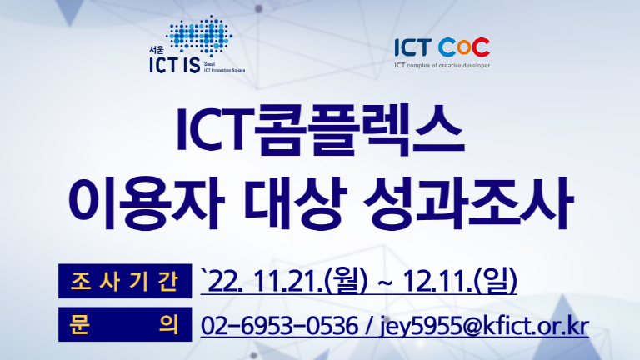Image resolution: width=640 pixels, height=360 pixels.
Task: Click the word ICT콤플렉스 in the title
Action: (320, 130)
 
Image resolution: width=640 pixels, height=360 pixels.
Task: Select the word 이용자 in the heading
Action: (147, 202)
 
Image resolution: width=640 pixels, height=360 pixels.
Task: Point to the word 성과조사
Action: (468, 202)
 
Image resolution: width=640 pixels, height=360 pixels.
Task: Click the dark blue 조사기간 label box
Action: (125, 281)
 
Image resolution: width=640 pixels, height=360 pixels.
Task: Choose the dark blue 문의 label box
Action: (125, 324)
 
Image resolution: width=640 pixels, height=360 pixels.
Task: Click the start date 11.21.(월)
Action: (310, 280)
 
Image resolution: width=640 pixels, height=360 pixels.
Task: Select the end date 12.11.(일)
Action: (460, 280)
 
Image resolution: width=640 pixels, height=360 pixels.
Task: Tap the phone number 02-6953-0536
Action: (279, 325)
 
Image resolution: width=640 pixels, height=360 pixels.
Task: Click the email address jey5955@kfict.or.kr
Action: (484, 326)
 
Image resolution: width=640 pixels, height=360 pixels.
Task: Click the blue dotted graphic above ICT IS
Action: (200, 36)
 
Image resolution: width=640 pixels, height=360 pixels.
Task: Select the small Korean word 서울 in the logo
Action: (157, 50)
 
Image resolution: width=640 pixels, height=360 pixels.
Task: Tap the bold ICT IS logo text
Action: (175, 65)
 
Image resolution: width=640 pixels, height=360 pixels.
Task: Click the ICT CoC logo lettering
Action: (442, 47)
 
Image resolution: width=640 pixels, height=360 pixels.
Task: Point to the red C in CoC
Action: (481, 47)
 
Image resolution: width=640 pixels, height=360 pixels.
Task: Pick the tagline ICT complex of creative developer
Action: (442, 65)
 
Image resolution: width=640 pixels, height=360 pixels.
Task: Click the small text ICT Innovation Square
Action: (224, 71)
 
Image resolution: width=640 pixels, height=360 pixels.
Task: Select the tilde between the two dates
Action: (386, 282)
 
